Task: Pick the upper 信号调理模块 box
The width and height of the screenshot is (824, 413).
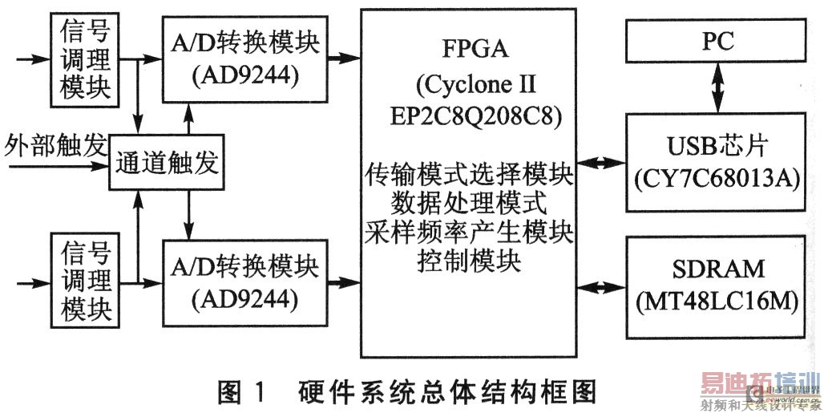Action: click(x=84, y=59)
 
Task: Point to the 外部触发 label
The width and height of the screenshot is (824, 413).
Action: click(x=55, y=147)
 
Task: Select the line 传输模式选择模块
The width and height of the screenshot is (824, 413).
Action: click(x=470, y=172)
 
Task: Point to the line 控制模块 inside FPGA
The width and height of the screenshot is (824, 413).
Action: click(x=470, y=261)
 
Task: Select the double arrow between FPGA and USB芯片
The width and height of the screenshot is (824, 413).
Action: click(x=600, y=162)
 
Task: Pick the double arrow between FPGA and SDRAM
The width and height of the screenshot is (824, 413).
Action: click(x=600, y=286)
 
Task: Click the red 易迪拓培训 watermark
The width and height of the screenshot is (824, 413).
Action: click(x=757, y=383)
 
